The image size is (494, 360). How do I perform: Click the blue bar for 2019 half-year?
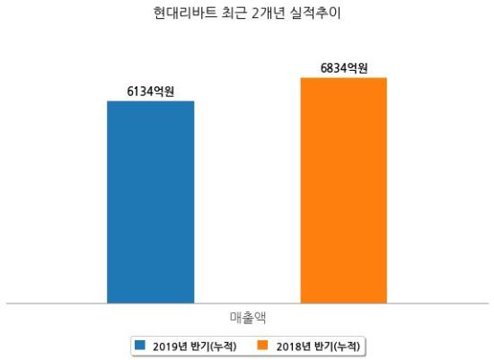point(151,202)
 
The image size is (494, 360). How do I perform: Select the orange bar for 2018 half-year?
point(344,190)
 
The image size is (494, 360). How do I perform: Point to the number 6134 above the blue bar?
point(140,92)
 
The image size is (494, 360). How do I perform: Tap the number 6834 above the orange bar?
point(333,68)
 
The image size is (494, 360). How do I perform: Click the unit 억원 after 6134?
point(163,92)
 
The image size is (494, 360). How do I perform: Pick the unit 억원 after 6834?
point(357,68)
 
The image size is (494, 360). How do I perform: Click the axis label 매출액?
point(248,318)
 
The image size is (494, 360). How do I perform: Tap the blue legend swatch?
point(140,345)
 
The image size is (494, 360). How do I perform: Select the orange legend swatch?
point(262,345)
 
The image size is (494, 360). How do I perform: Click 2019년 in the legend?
point(170,347)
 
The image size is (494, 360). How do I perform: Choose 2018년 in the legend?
point(294,347)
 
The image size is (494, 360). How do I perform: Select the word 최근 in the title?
point(234,13)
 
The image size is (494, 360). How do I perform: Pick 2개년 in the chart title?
point(269,13)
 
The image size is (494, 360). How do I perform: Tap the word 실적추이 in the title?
point(315,13)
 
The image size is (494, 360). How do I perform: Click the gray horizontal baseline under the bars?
point(247,303)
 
